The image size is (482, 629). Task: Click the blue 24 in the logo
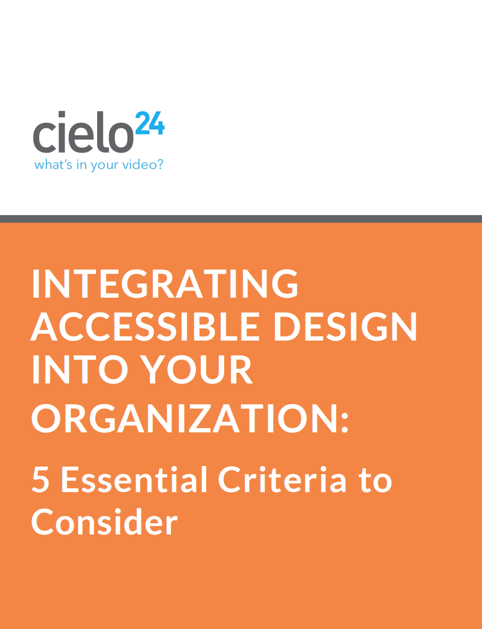pos(150,123)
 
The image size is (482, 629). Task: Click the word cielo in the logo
pos(83,133)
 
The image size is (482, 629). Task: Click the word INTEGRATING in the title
pos(165,284)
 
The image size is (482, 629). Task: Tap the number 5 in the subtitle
pos(40,480)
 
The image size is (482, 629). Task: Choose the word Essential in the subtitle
pos(134,479)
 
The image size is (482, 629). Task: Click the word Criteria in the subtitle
pos(282,479)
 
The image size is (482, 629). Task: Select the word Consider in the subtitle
pos(104,521)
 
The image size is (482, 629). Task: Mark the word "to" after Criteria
pos(376,481)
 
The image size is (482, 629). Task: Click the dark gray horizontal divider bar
pos(241,218)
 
